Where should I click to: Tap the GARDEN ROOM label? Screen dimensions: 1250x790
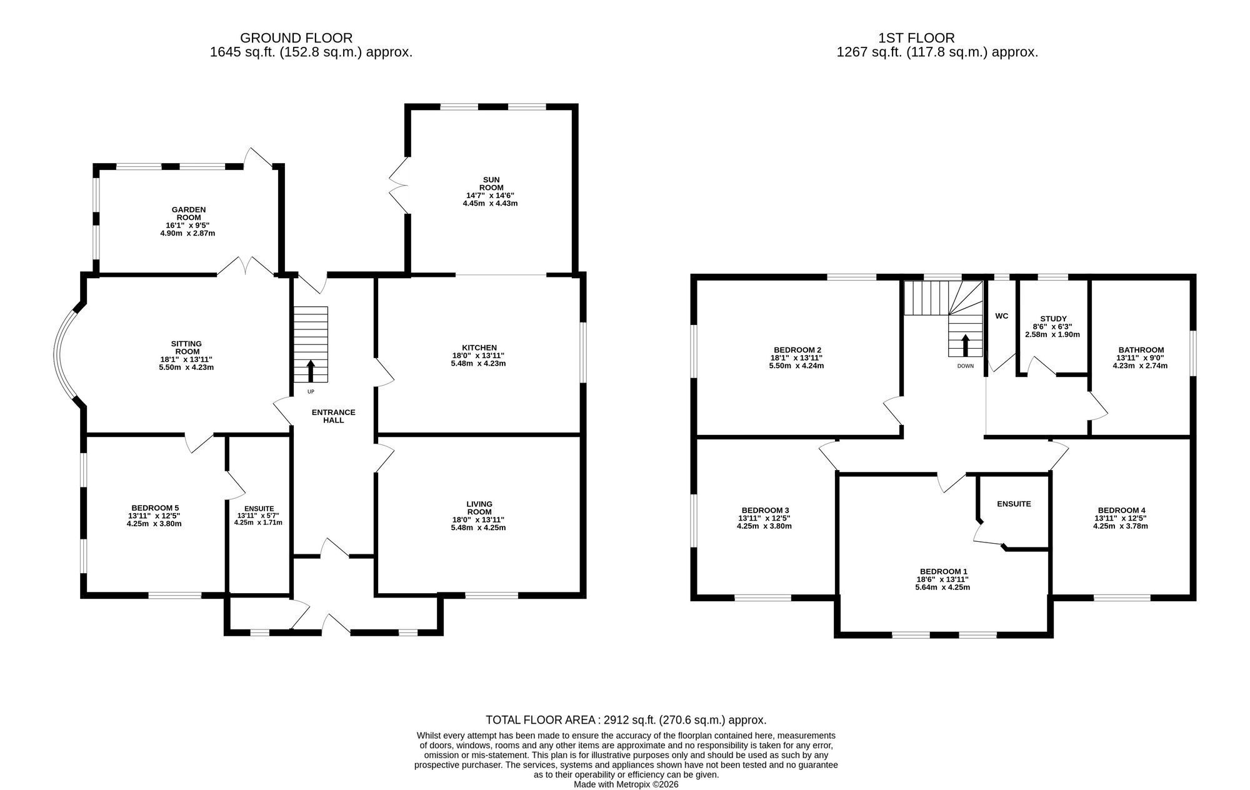point(189,214)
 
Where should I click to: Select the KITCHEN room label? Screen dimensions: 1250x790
point(479,347)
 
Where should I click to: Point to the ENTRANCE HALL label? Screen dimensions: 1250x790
point(334,416)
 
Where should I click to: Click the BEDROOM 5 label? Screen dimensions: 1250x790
point(155,507)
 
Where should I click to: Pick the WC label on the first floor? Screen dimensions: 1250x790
point(1002,316)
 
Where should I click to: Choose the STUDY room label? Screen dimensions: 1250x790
point(1054,319)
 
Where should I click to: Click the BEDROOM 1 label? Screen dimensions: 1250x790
point(944,571)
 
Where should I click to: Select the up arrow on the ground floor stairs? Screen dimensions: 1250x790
point(311,371)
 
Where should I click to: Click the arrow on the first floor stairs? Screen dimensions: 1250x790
point(966,346)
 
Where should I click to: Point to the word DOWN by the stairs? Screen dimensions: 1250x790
point(966,366)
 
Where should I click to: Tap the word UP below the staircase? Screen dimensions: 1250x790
point(311,392)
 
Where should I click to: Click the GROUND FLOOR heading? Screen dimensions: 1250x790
point(296,38)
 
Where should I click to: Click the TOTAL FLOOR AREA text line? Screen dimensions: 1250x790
point(626,720)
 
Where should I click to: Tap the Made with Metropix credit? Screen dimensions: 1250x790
point(626,784)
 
